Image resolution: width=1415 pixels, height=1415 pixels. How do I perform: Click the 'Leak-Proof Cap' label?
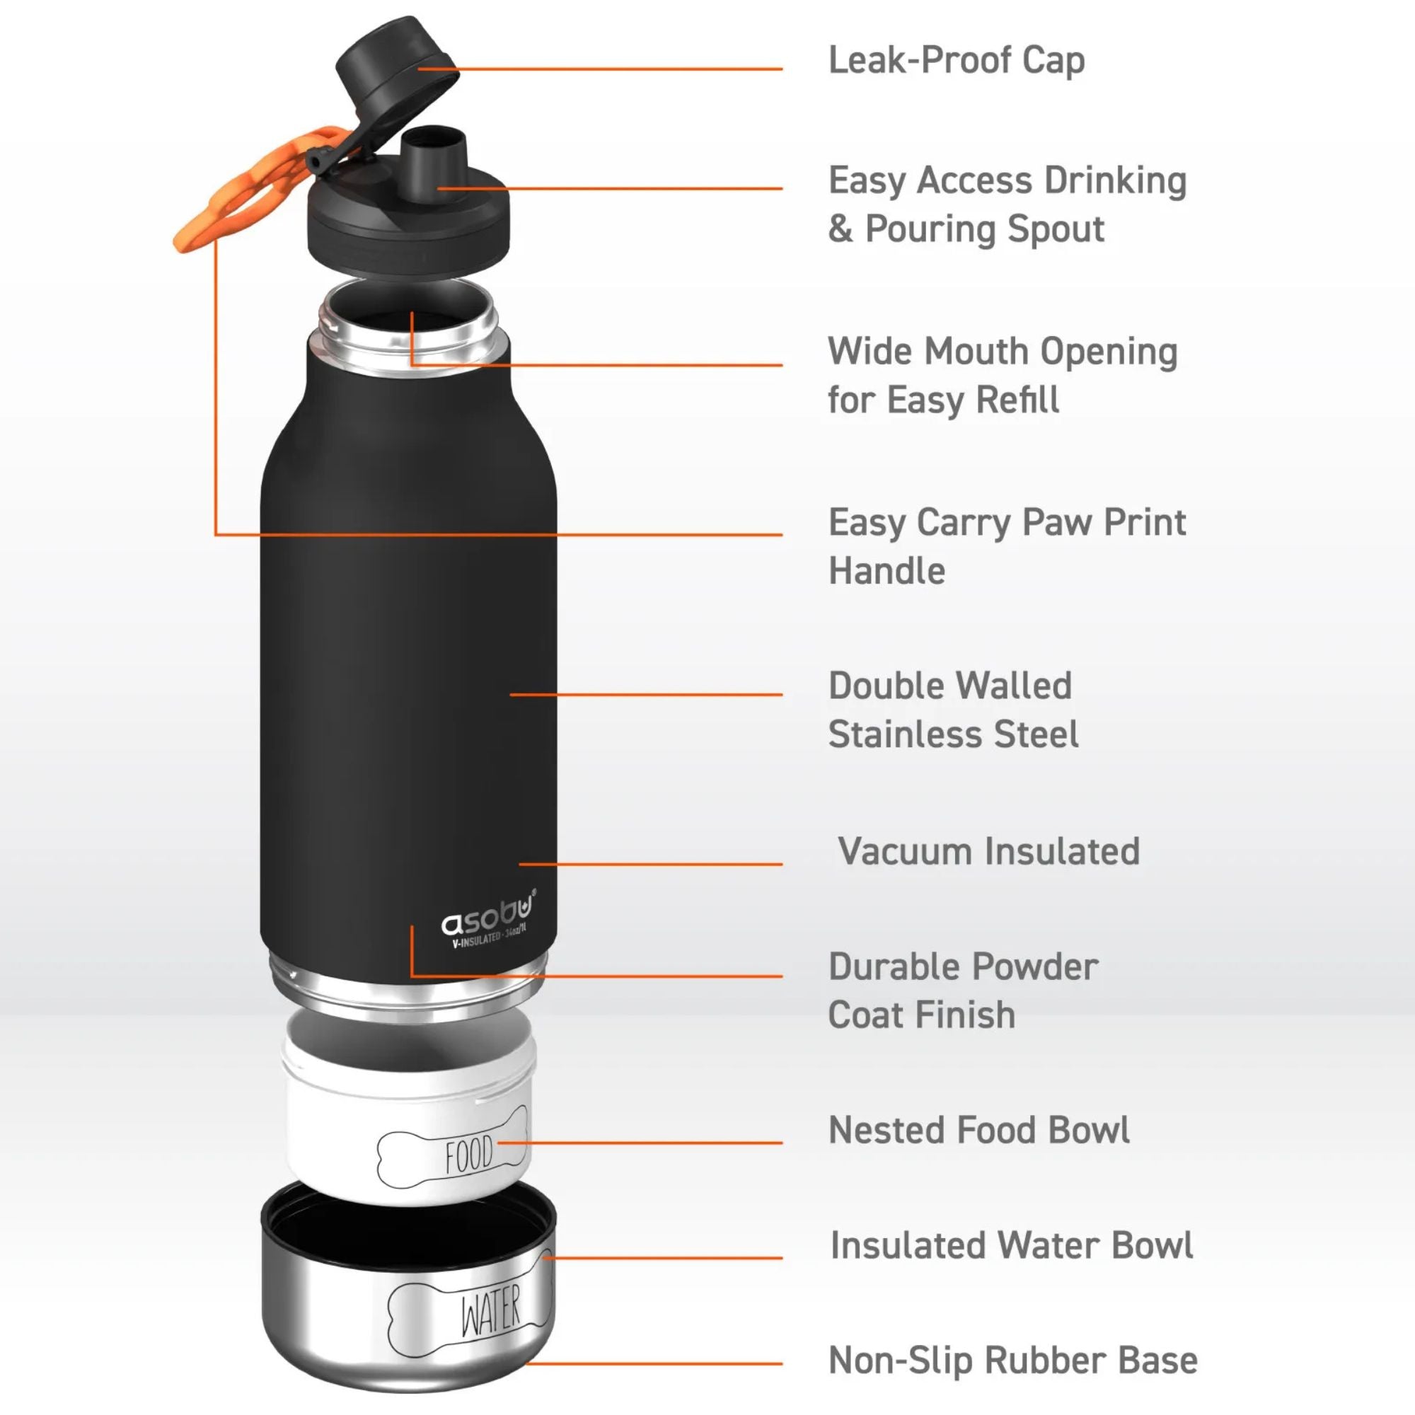956,61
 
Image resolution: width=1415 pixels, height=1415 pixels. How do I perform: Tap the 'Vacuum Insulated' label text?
989,851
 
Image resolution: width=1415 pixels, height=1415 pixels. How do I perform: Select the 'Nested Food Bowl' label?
978,1129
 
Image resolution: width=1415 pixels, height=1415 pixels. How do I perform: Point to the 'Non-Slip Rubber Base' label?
1013,1360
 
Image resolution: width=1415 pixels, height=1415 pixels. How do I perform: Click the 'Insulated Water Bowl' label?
1012,1245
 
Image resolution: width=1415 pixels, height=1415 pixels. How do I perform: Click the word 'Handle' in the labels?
886,570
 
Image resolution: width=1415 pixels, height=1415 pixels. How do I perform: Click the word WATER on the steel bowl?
490,1310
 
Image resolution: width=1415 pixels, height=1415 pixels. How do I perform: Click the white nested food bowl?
409,1109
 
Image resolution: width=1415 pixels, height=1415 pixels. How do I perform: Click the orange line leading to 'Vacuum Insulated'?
650,865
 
